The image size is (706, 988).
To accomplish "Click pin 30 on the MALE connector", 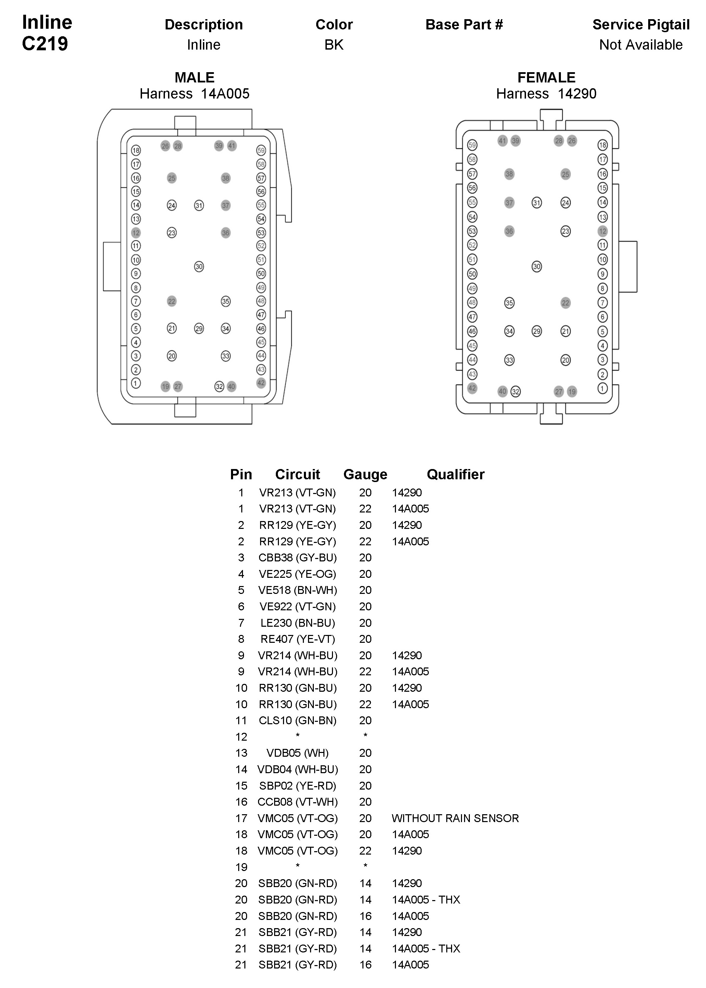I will (x=199, y=266).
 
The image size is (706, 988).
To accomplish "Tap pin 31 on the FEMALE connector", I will (x=537, y=203).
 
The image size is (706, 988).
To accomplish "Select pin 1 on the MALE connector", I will (x=136, y=383).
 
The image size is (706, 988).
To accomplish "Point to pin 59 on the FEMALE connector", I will (x=472, y=145).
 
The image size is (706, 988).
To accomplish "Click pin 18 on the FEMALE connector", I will (x=602, y=145).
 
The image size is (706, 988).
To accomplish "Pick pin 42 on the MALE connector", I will (x=261, y=383).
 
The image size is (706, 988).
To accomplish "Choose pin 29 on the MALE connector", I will (x=199, y=328).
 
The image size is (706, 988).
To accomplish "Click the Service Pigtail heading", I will (x=641, y=25).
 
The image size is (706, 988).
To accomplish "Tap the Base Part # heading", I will (x=464, y=25).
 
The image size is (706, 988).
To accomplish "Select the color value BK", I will (x=334, y=45).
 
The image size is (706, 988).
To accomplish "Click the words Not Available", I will (x=641, y=45).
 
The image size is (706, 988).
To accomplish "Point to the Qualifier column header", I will (x=455, y=474).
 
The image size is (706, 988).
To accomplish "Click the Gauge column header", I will (x=365, y=474).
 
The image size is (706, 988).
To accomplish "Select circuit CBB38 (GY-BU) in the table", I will (x=297, y=557).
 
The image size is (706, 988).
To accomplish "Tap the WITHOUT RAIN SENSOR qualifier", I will (x=455, y=818).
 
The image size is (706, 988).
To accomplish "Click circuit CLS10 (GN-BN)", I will (x=297, y=720).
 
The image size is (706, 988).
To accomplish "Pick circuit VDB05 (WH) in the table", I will (x=297, y=753).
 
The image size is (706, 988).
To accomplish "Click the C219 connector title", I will (x=45, y=44).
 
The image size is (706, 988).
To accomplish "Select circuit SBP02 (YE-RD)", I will (x=297, y=785).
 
